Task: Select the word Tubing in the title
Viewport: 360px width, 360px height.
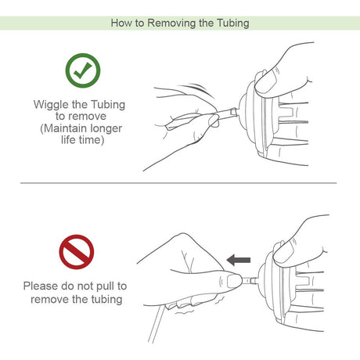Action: (232, 23)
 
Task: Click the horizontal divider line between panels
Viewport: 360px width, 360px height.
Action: (179, 183)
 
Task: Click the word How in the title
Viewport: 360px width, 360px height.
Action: (121, 23)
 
